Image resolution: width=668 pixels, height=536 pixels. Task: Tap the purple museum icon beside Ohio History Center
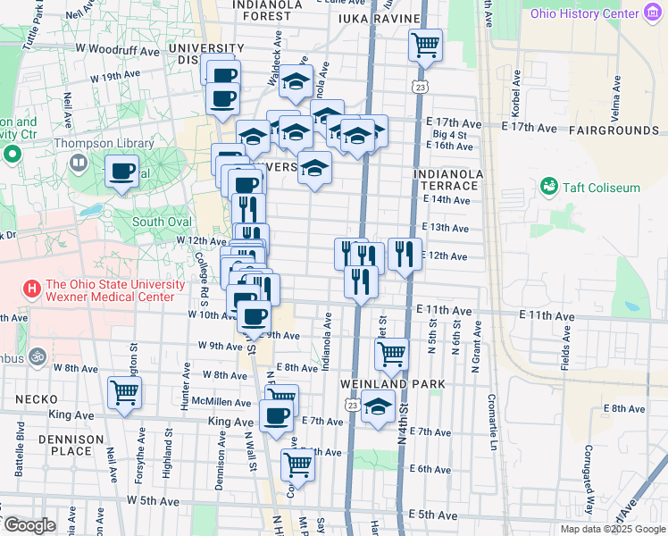[x=654, y=13]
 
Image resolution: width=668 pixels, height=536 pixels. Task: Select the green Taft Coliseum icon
[x=548, y=187]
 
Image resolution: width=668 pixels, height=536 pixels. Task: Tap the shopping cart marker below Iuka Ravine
[x=426, y=44]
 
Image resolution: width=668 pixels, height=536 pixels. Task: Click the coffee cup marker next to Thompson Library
[x=122, y=171]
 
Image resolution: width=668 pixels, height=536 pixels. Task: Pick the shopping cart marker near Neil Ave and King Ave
[x=124, y=392]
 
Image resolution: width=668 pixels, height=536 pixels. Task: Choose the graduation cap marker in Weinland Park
[x=379, y=406]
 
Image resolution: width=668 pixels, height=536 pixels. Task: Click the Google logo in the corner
[x=29, y=525]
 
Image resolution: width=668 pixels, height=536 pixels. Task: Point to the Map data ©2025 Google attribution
[x=613, y=529]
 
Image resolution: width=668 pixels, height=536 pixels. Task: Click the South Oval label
[x=162, y=222]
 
